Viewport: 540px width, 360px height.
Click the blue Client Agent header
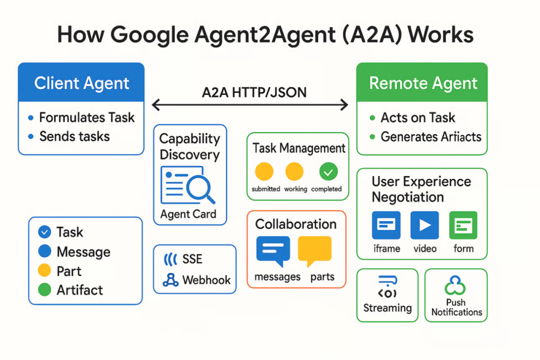pos(81,82)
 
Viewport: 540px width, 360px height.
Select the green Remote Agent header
pos(422,82)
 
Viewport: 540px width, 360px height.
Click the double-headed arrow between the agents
pos(249,104)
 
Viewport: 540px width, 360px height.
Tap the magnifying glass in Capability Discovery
pos(200,188)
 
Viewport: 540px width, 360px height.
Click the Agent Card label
pos(188,214)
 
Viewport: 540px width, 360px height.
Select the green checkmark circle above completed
pos(328,172)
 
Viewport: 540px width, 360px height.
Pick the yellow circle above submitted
pos(264,172)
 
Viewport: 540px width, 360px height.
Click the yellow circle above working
pos(294,172)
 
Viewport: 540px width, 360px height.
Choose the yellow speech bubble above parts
pos(314,250)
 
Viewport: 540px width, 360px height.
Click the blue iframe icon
pos(386,225)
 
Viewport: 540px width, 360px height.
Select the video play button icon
pos(424,225)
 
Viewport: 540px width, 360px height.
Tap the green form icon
pos(463,225)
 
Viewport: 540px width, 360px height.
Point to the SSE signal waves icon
pos(170,259)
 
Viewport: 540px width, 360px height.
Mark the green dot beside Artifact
pos(44,290)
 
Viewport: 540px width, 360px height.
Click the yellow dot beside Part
pos(44,271)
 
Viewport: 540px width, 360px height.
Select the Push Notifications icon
pos(455,285)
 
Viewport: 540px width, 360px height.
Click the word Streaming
pos(387,308)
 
